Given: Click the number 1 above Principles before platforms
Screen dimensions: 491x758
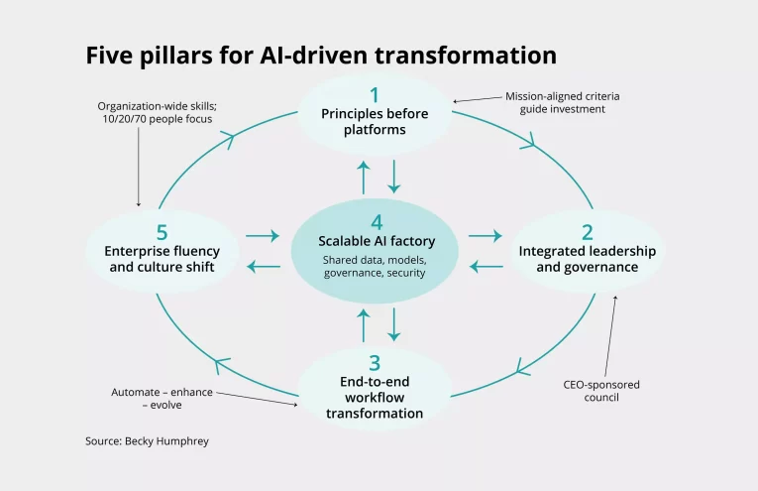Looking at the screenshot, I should click(x=375, y=95).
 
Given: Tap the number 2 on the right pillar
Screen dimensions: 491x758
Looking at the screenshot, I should click(x=588, y=232).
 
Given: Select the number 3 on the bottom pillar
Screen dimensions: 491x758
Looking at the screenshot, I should click(x=375, y=364).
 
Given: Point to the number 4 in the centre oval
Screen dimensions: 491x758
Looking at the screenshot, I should click(x=375, y=221).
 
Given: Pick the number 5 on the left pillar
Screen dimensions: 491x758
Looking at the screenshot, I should click(x=162, y=232).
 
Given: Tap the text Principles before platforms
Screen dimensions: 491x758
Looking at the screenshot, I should click(x=375, y=121).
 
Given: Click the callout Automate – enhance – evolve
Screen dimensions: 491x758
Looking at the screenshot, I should click(x=161, y=399).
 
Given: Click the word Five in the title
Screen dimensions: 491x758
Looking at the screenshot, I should click(x=110, y=54).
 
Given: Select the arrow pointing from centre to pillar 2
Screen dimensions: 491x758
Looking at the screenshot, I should click(x=485, y=236).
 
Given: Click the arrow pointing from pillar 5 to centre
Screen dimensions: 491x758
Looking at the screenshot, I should click(x=263, y=236).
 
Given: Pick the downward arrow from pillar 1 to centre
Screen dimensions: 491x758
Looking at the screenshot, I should click(x=393, y=176).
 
